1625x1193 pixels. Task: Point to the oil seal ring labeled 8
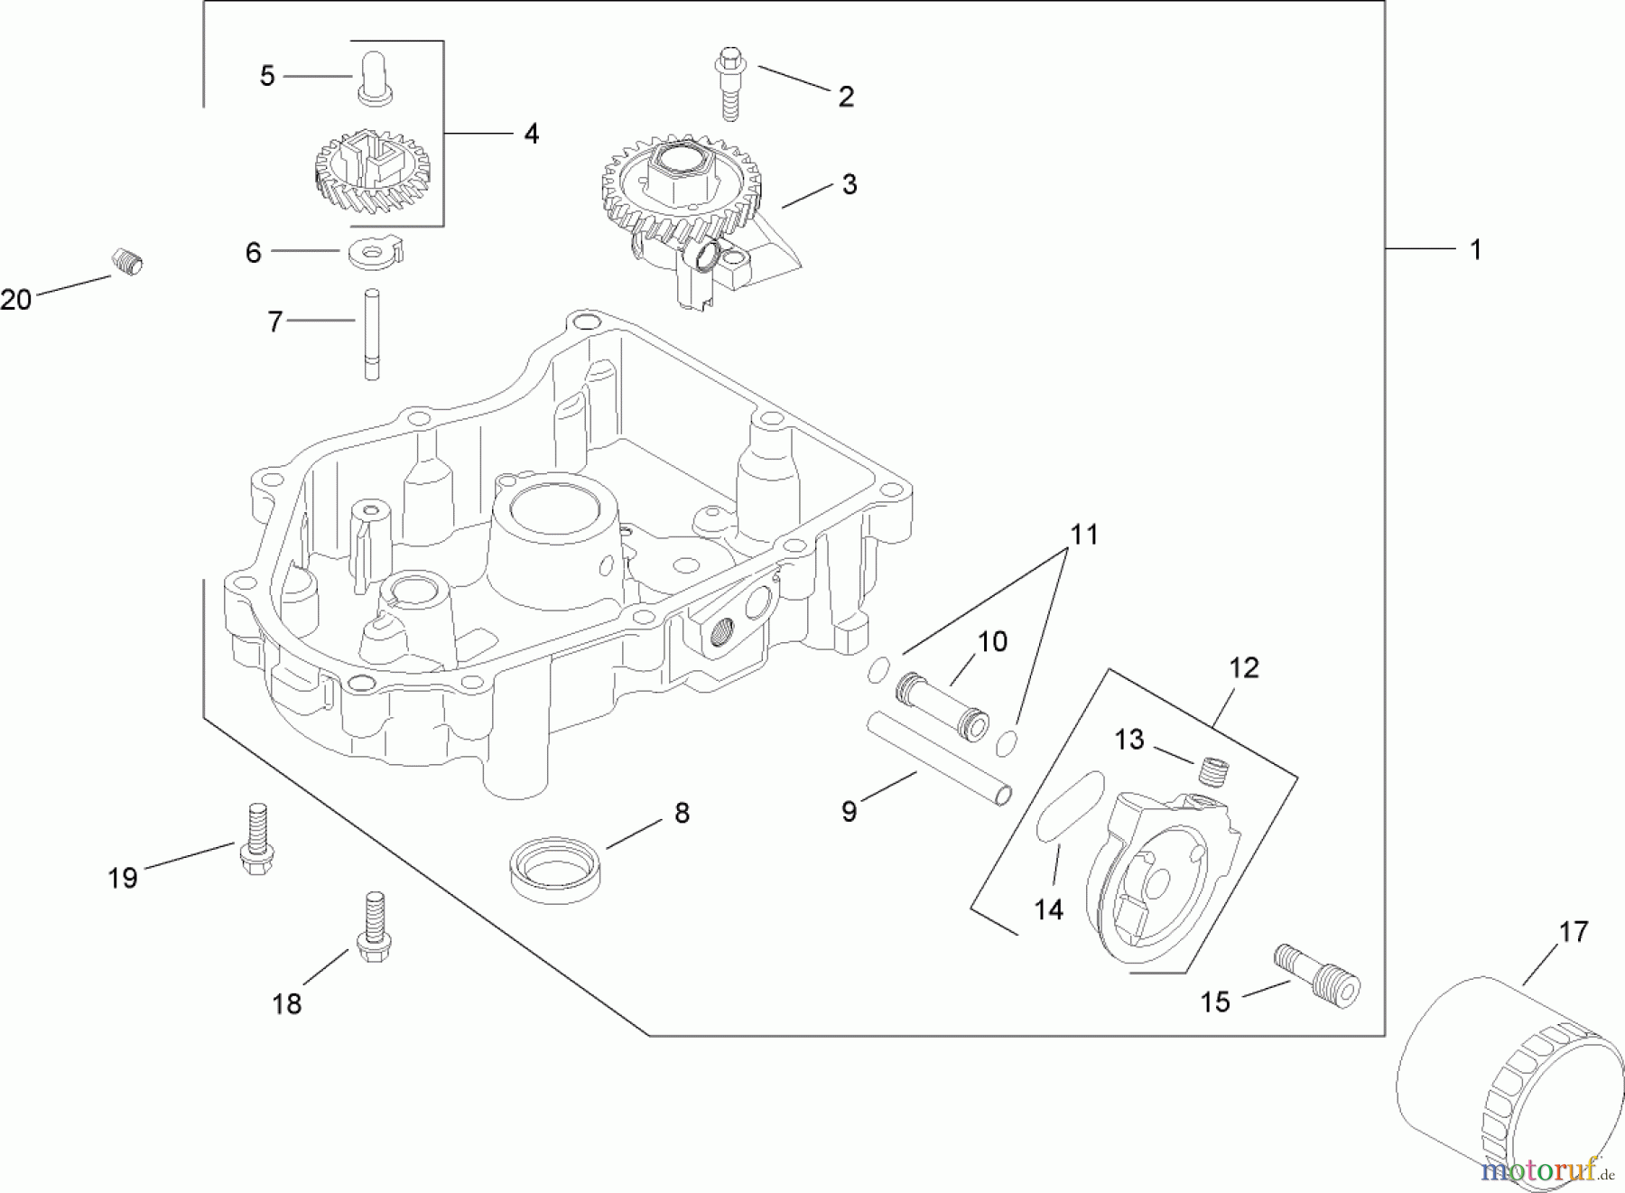pos(557,868)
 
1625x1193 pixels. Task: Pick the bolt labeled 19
pos(256,841)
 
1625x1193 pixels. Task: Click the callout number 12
pos(1243,668)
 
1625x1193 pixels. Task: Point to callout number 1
pos(1475,250)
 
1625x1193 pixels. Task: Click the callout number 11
pos(1083,535)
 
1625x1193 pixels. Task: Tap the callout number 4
pos(532,134)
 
